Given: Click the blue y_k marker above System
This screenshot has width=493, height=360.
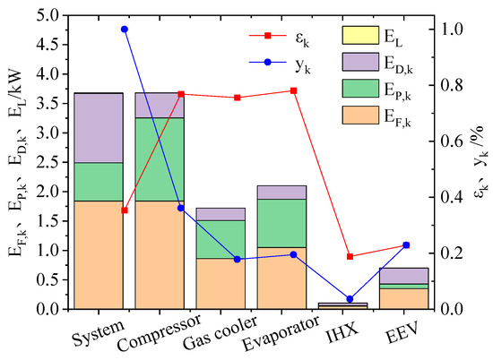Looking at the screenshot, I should [x=124, y=29].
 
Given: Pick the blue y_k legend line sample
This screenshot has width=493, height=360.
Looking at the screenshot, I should [x=265, y=63].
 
